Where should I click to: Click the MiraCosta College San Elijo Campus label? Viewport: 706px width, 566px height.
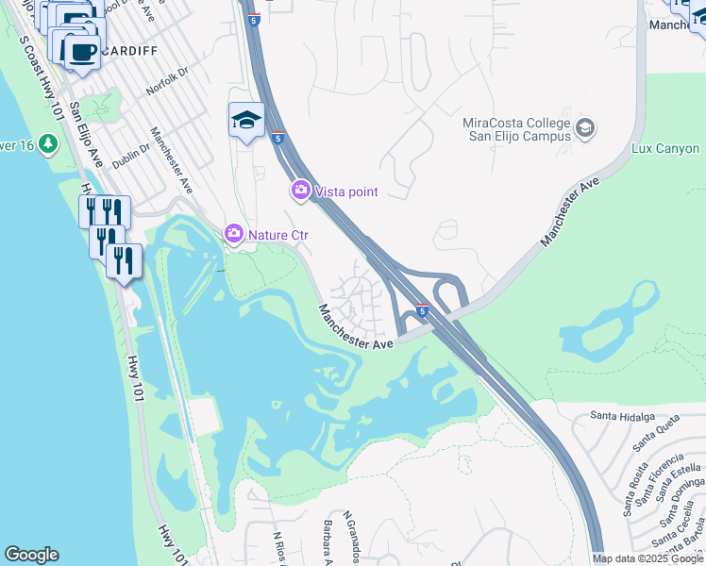tap(517, 129)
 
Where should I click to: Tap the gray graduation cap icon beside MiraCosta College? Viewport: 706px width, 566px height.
tap(585, 128)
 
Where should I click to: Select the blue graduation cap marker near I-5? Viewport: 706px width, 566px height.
tap(246, 121)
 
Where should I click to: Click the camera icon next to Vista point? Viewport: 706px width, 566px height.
tap(301, 191)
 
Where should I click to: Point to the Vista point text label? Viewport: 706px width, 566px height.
tap(346, 192)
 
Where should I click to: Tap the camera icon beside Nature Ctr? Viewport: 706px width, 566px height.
tap(232, 233)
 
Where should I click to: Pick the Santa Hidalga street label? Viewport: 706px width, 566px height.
tap(622, 415)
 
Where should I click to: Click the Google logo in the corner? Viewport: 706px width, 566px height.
tap(31, 555)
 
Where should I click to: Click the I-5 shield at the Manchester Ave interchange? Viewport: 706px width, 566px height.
tap(422, 310)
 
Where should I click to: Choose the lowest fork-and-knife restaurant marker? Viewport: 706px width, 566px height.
tap(125, 260)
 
